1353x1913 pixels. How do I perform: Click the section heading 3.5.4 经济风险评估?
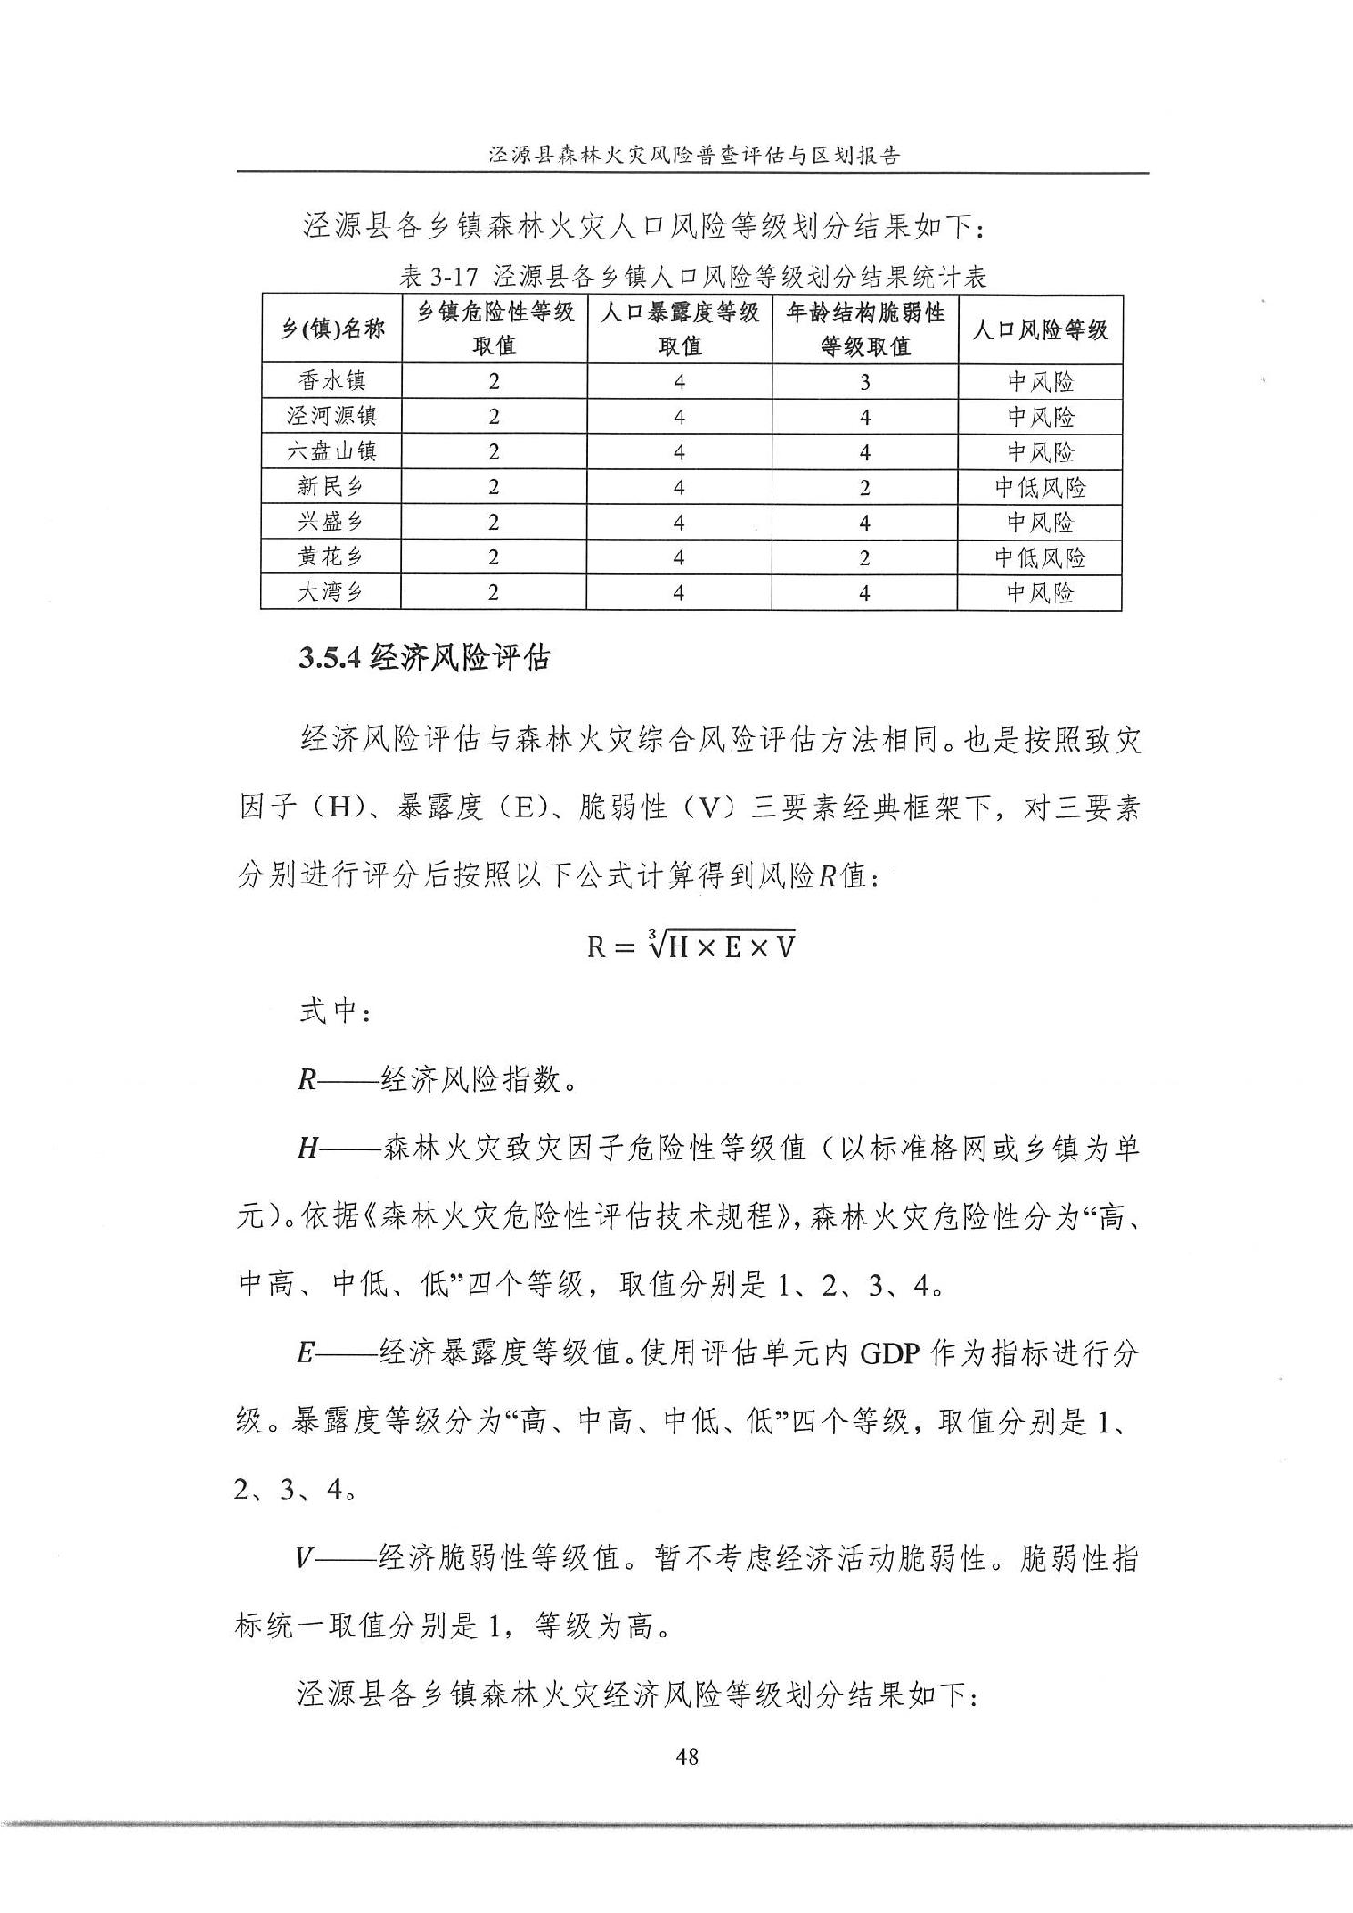pyautogui.click(x=424, y=657)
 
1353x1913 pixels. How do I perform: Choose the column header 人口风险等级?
pyautogui.click(x=1040, y=329)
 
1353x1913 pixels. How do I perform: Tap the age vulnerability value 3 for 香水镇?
pyautogui.click(x=864, y=381)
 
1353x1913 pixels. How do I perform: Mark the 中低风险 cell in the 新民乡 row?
pyautogui.click(x=1040, y=487)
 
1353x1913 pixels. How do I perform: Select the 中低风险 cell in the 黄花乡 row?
pyautogui.click(x=1040, y=557)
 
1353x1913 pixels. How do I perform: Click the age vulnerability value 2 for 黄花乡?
pyautogui.click(x=864, y=558)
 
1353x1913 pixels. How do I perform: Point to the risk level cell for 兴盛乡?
pyautogui.click(x=1040, y=522)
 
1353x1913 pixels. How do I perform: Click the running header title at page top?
pyautogui.click(x=693, y=155)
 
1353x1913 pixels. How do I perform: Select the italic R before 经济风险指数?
pyautogui.click(x=307, y=1080)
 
